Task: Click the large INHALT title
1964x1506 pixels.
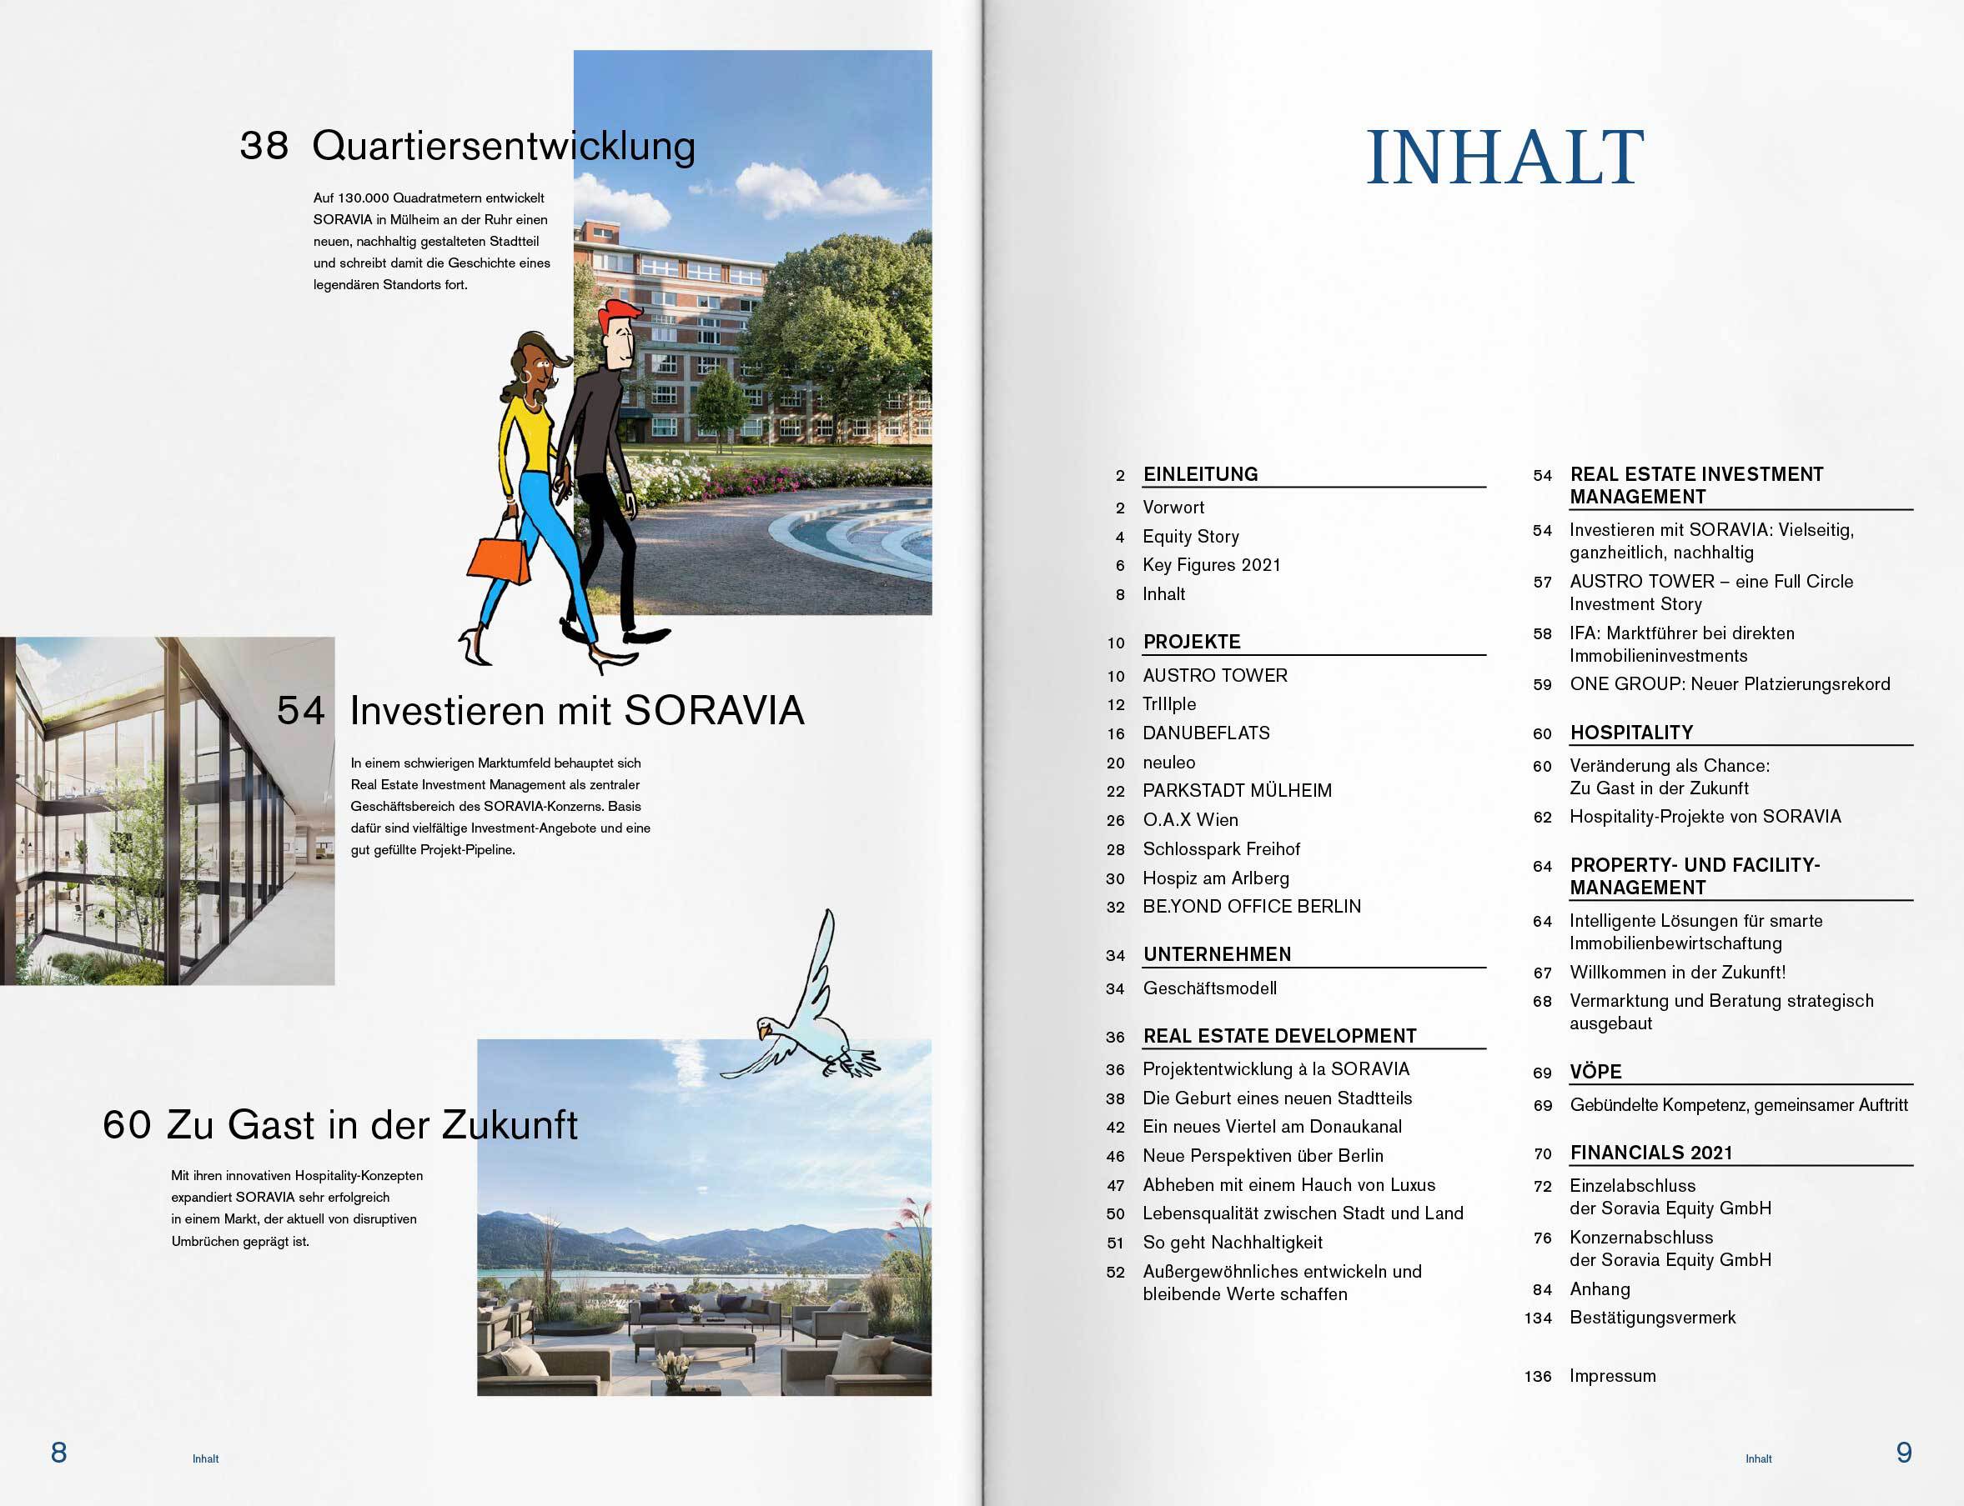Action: pos(1504,158)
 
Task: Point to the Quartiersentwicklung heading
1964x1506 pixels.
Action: pos(503,145)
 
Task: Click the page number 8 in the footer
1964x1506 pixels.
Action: pos(59,1451)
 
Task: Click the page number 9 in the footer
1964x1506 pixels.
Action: pos(1903,1451)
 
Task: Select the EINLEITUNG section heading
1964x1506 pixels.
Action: pos(1200,474)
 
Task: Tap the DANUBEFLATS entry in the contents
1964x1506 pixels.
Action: pos(1205,733)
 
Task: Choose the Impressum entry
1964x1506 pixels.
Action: pos(1611,1376)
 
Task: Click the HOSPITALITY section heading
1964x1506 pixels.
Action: pos(1630,733)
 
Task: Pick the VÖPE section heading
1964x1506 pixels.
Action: pos(1595,1072)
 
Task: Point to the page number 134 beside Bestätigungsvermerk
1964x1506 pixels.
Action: pos(1538,1318)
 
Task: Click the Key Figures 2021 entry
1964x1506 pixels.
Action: pos(1211,565)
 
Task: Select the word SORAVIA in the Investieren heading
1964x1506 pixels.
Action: pos(714,711)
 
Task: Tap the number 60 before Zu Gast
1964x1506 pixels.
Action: pos(127,1125)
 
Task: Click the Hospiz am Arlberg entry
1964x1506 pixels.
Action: pos(1215,878)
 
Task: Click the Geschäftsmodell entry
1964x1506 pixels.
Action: pos(1209,988)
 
